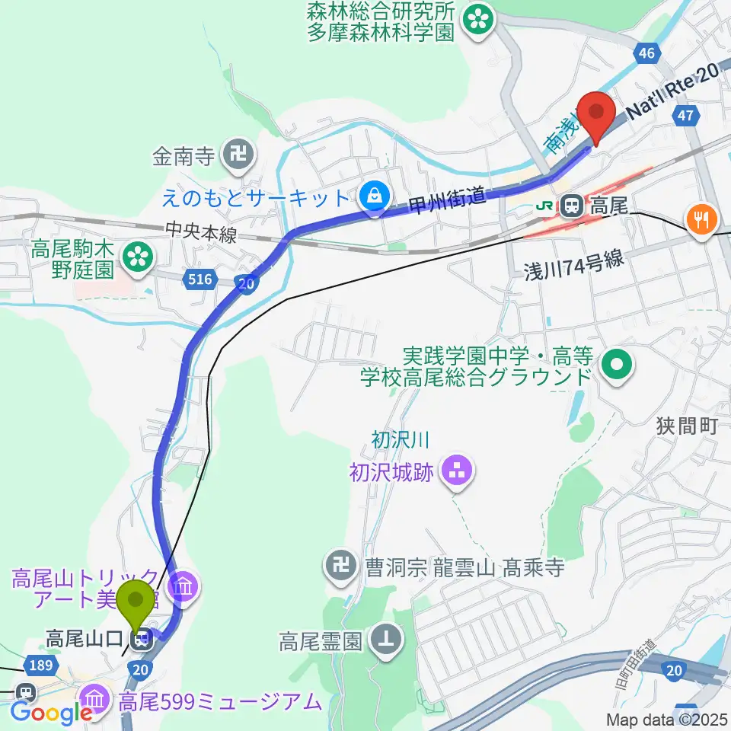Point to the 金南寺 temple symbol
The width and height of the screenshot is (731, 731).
point(233,157)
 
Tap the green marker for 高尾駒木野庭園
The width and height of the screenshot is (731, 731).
point(138,257)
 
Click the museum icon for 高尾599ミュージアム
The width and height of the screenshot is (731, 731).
point(94,696)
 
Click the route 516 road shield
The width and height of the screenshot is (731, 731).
point(200,280)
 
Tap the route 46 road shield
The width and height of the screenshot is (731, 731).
point(646,53)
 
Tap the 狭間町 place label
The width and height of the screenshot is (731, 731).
point(686,426)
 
